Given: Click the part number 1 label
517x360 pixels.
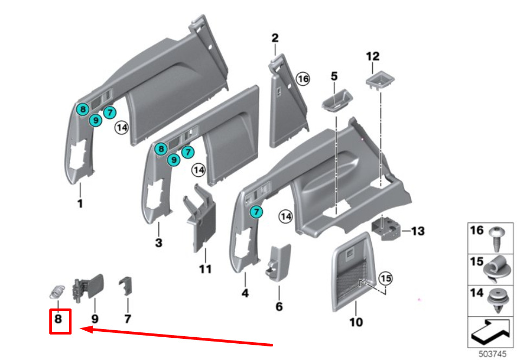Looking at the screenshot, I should pyautogui.click(x=80, y=204).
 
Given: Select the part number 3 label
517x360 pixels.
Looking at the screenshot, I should pyautogui.click(x=158, y=243).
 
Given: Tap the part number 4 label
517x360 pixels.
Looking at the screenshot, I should pyautogui.click(x=245, y=294).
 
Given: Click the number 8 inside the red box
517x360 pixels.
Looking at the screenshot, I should pyautogui.click(x=59, y=319).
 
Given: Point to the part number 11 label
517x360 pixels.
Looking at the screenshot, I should pyautogui.click(x=205, y=269).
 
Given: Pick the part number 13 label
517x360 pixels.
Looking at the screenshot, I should pyautogui.click(x=418, y=232).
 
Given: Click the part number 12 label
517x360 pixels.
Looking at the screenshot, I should pyautogui.click(x=373, y=56).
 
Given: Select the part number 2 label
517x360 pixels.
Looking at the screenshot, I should pyautogui.click(x=275, y=38).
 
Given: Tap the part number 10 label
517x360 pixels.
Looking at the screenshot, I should pyautogui.click(x=356, y=323).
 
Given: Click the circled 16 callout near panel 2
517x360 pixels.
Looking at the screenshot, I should pyautogui.click(x=302, y=79).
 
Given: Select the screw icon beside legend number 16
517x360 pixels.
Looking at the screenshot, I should pyautogui.click(x=497, y=237).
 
